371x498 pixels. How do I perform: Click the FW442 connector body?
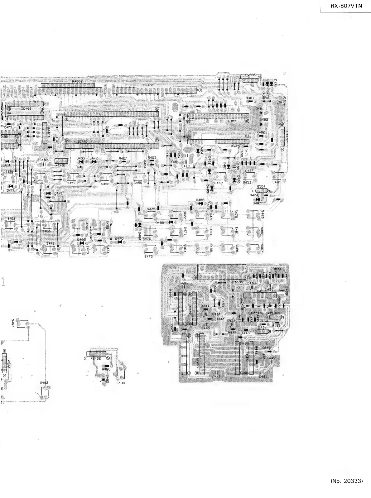pyautogui.click(x=4, y=363)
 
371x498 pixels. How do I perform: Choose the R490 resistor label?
pyautogui.click(x=106, y=369)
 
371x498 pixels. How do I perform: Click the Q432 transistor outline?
pyautogui.click(x=262, y=332)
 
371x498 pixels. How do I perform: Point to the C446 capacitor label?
pyautogui.click(x=216, y=377)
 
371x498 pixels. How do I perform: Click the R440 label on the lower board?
pyautogui.click(x=245, y=333)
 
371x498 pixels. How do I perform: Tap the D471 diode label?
pyautogui.click(x=58, y=193)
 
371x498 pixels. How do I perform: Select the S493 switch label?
pyautogui.click(x=13, y=322)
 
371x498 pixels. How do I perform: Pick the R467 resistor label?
pyautogui.click(x=123, y=158)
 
